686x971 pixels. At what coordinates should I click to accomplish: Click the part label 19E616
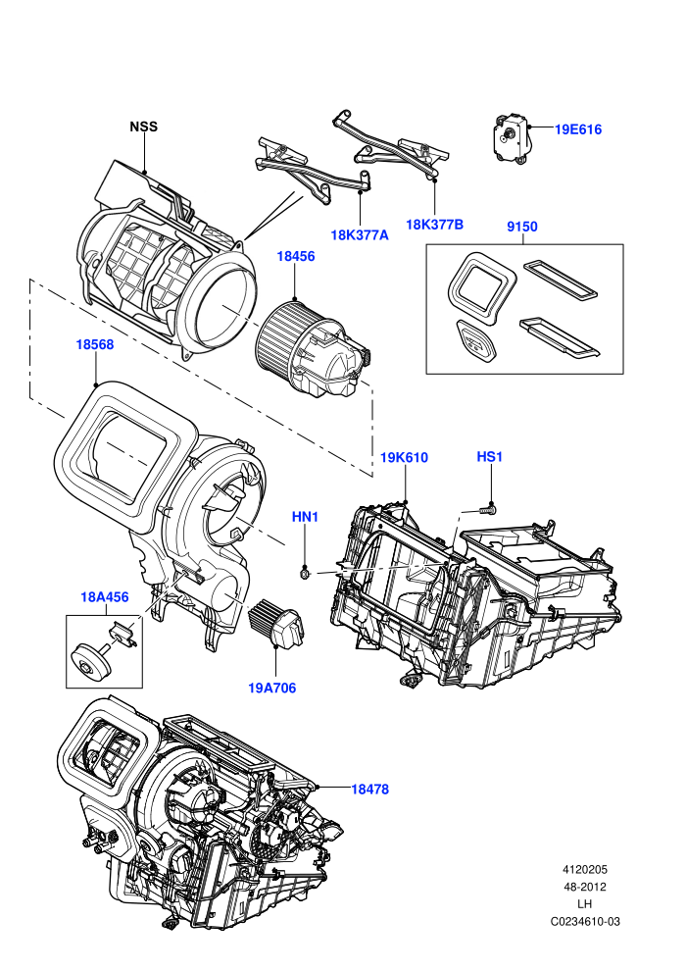pos(578,129)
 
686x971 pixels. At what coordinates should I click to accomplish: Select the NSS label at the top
pos(143,127)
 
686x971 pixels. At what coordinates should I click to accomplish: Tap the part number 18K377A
pos(360,234)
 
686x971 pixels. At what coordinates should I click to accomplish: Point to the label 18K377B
pos(434,225)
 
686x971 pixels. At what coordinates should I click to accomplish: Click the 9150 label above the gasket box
pos(522,227)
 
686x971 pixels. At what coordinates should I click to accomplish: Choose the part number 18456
pos(296,256)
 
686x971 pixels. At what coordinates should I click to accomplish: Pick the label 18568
pos(95,344)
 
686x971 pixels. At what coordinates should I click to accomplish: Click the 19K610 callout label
pos(404,458)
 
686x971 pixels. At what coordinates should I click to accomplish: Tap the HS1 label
pos(489,457)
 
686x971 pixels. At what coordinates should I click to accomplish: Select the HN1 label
pos(305,517)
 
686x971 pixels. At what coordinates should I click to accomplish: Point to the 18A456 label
pos(105,597)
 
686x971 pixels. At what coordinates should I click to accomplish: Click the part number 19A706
pos(272,688)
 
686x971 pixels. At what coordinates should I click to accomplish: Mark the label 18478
pos(369,789)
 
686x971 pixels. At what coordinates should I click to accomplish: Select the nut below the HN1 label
pos(304,573)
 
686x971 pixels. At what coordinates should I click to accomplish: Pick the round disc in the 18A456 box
pos(90,661)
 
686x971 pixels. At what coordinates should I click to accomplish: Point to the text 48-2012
pos(585,887)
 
